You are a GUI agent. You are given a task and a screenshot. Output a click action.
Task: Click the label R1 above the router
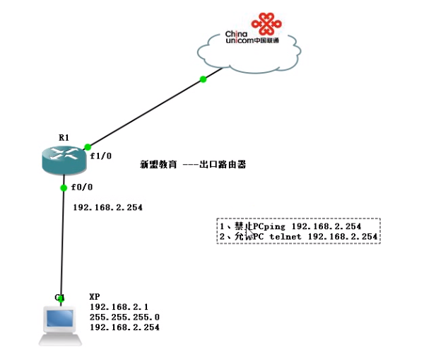click(x=64, y=137)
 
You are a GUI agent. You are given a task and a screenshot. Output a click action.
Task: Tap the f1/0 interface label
click(x=100, y=155)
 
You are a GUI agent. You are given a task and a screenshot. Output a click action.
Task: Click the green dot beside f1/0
click(x=87, y=146)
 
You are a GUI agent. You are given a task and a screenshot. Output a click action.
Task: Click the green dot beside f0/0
click(x=64, y=187)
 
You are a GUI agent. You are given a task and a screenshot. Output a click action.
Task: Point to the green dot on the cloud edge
click(x=204, y=79)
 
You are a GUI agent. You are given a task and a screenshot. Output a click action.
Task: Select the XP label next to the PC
click(x=95, y=297)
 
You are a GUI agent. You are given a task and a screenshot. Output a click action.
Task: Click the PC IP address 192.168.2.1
click(x=116, y=307)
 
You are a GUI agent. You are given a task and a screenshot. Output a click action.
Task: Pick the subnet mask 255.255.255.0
click(x=124, y=318)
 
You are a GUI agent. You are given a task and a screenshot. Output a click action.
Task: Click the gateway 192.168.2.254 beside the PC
click(x=124, y=328)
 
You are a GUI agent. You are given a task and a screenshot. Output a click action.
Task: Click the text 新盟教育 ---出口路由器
click(x=193, y=164)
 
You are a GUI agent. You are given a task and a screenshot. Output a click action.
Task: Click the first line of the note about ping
click(x=290, y=226)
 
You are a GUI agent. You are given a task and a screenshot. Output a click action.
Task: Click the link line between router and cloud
click(x=145, y=113)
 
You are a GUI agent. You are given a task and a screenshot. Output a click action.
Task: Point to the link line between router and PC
click(x=63, y=240)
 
